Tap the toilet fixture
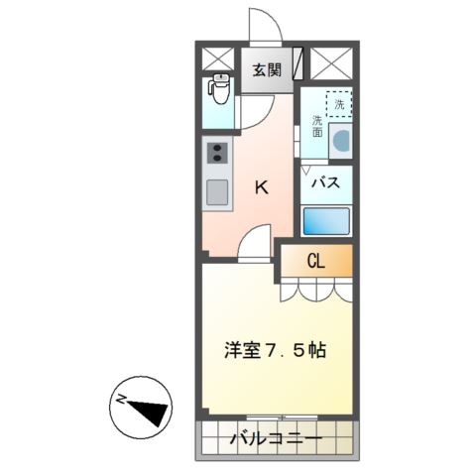coord(220,92)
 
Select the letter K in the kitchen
coord(263,185)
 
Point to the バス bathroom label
coord(326,182)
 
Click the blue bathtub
coord(326,220)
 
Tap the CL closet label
coord(316,262)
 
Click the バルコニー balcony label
coord(276,438)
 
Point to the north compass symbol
coord(140,405)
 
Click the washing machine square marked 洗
coord(340,102)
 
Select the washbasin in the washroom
coord(341,142)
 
